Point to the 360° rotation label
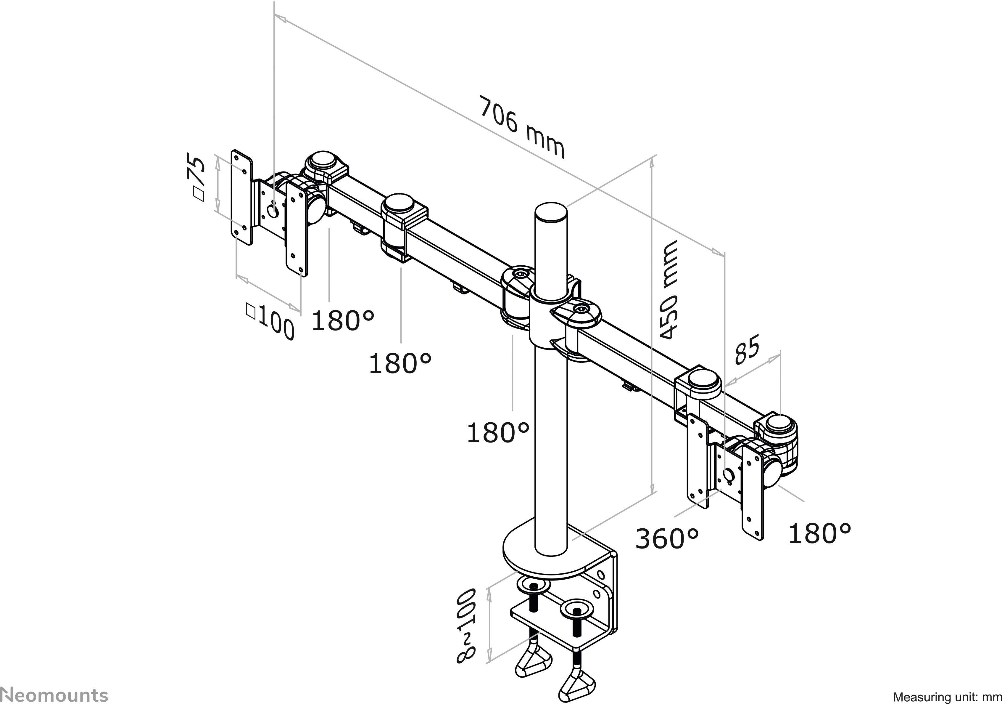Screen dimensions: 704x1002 (x=667, y=538)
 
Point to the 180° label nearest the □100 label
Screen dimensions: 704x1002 (x=343, y=320)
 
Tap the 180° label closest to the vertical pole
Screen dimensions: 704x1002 (x=498, y=433)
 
